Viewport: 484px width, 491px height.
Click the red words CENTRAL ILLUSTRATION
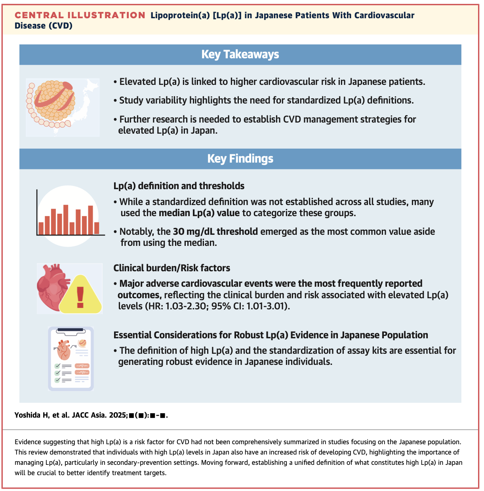[80, 15]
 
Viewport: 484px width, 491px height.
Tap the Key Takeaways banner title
[240, 54]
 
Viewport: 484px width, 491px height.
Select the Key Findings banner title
[240, 159]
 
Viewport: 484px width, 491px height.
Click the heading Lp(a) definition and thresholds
[179, 186]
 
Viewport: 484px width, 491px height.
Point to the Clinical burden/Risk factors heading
[171, 268]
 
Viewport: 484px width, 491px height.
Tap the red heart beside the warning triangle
[51, 286]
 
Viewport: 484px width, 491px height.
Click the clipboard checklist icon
[71, 359]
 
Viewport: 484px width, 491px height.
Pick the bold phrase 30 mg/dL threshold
[215, 232]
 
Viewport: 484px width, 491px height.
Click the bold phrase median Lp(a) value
[199, 213]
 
